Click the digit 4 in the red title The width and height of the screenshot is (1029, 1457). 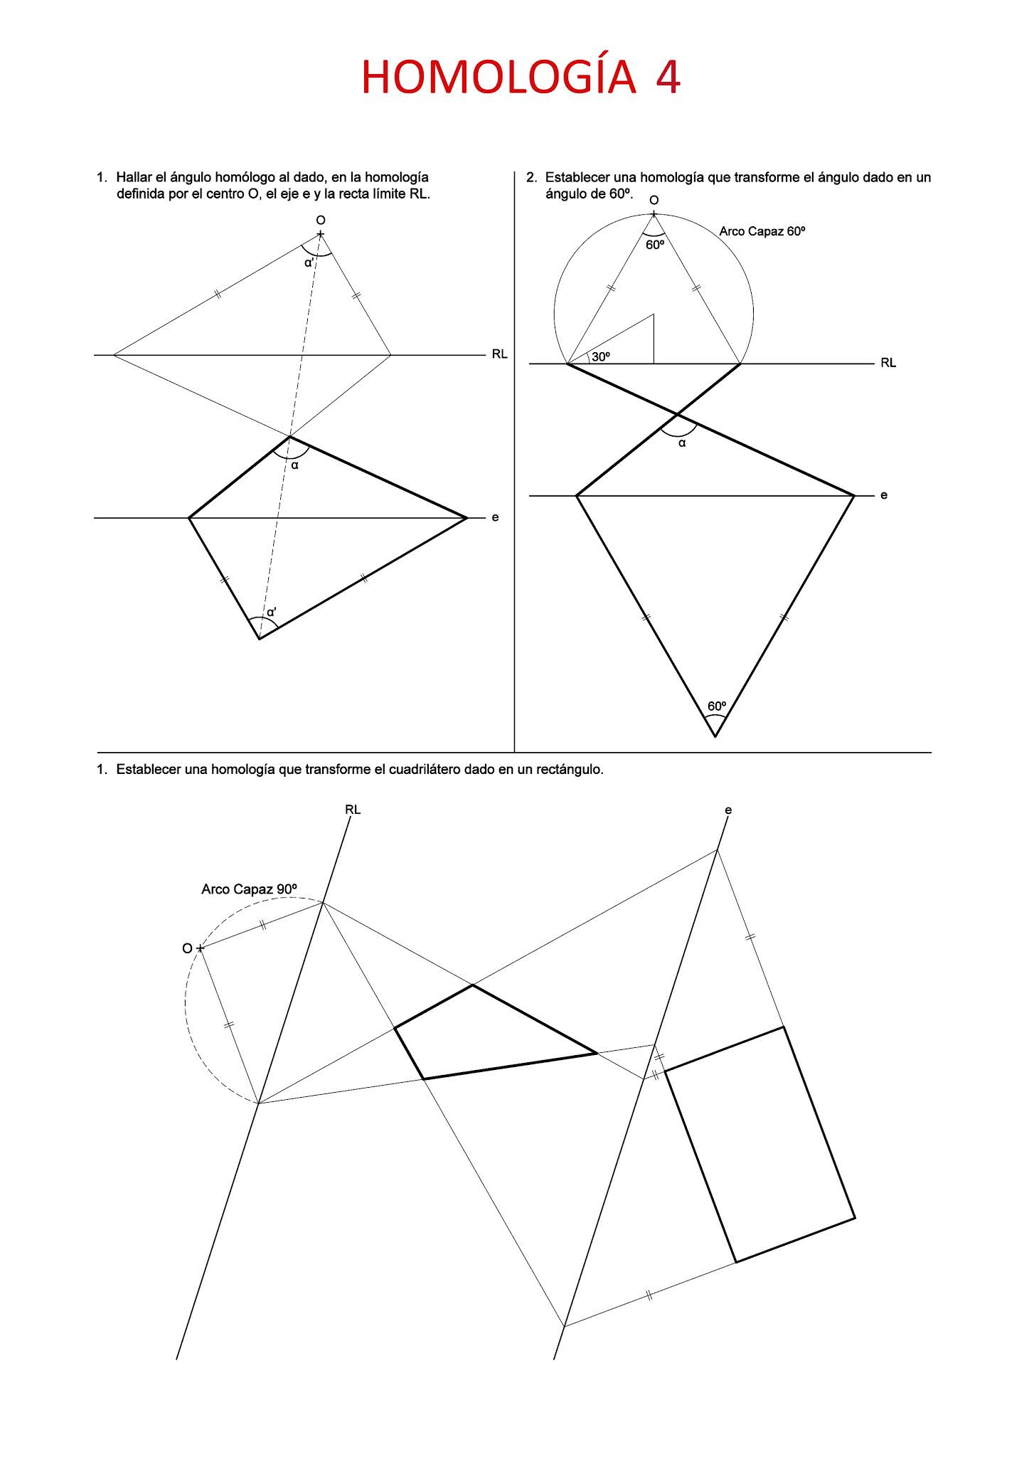pos(668,78)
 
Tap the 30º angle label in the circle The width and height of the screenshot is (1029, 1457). pos(601,356)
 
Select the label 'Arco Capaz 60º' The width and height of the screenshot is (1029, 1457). pos(762,231)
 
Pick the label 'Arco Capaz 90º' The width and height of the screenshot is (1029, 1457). pos(249,889)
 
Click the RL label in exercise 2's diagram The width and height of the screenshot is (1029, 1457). pos(888,363)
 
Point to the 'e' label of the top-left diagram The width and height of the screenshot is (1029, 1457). pos(495,517)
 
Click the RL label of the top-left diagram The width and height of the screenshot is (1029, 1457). pos(499,354)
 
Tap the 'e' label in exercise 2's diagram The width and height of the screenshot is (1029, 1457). pos(884,495)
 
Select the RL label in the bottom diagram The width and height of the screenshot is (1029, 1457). pos(353,810)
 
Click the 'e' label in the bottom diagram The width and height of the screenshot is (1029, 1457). pos(728,810)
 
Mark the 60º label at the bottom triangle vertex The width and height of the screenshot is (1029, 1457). pos(716,706)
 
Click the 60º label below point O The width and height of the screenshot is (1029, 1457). pos(655,245)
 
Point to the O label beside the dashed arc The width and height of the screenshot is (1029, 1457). pos(187,948)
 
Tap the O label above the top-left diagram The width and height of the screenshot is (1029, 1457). pos(321,220)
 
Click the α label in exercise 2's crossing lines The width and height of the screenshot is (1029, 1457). pos(682,443)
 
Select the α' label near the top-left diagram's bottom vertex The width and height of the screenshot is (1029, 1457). pos(272,611)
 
